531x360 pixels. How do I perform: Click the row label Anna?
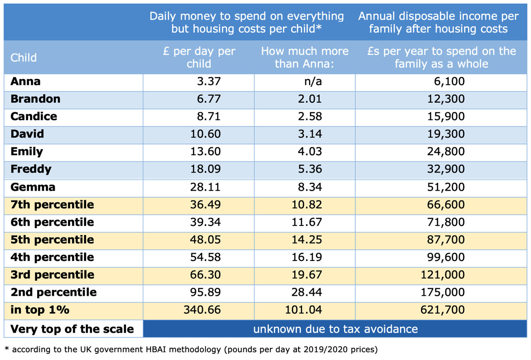(x=25, y=81)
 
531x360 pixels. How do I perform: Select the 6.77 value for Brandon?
(x=208, y=99)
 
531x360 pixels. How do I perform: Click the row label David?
(x=27, y=134)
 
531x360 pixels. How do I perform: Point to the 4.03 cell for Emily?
(x=309, y=151)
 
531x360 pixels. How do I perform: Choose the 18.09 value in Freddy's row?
(x=206, y=169)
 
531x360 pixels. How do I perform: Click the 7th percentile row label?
(x=52, y=204)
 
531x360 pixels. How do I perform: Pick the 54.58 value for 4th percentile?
(x=206, y=257)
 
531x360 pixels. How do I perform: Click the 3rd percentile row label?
(x=52, y=275)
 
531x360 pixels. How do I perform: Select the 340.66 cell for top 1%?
(x=202, y=310)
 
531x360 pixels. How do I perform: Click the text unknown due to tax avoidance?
(x=335, y=329)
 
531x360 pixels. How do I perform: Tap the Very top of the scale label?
(x=72, y=329)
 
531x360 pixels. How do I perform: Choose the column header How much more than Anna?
(x=304, y=57)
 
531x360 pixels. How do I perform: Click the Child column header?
(x=23, y=57)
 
